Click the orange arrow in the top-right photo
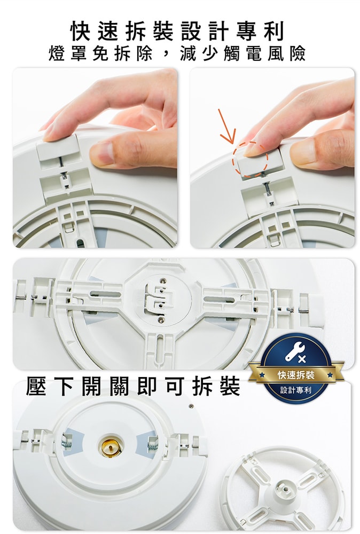[226, 126]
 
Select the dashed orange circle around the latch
[250, 159]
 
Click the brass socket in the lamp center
[111, 445]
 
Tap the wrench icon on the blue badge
[295, 351]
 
